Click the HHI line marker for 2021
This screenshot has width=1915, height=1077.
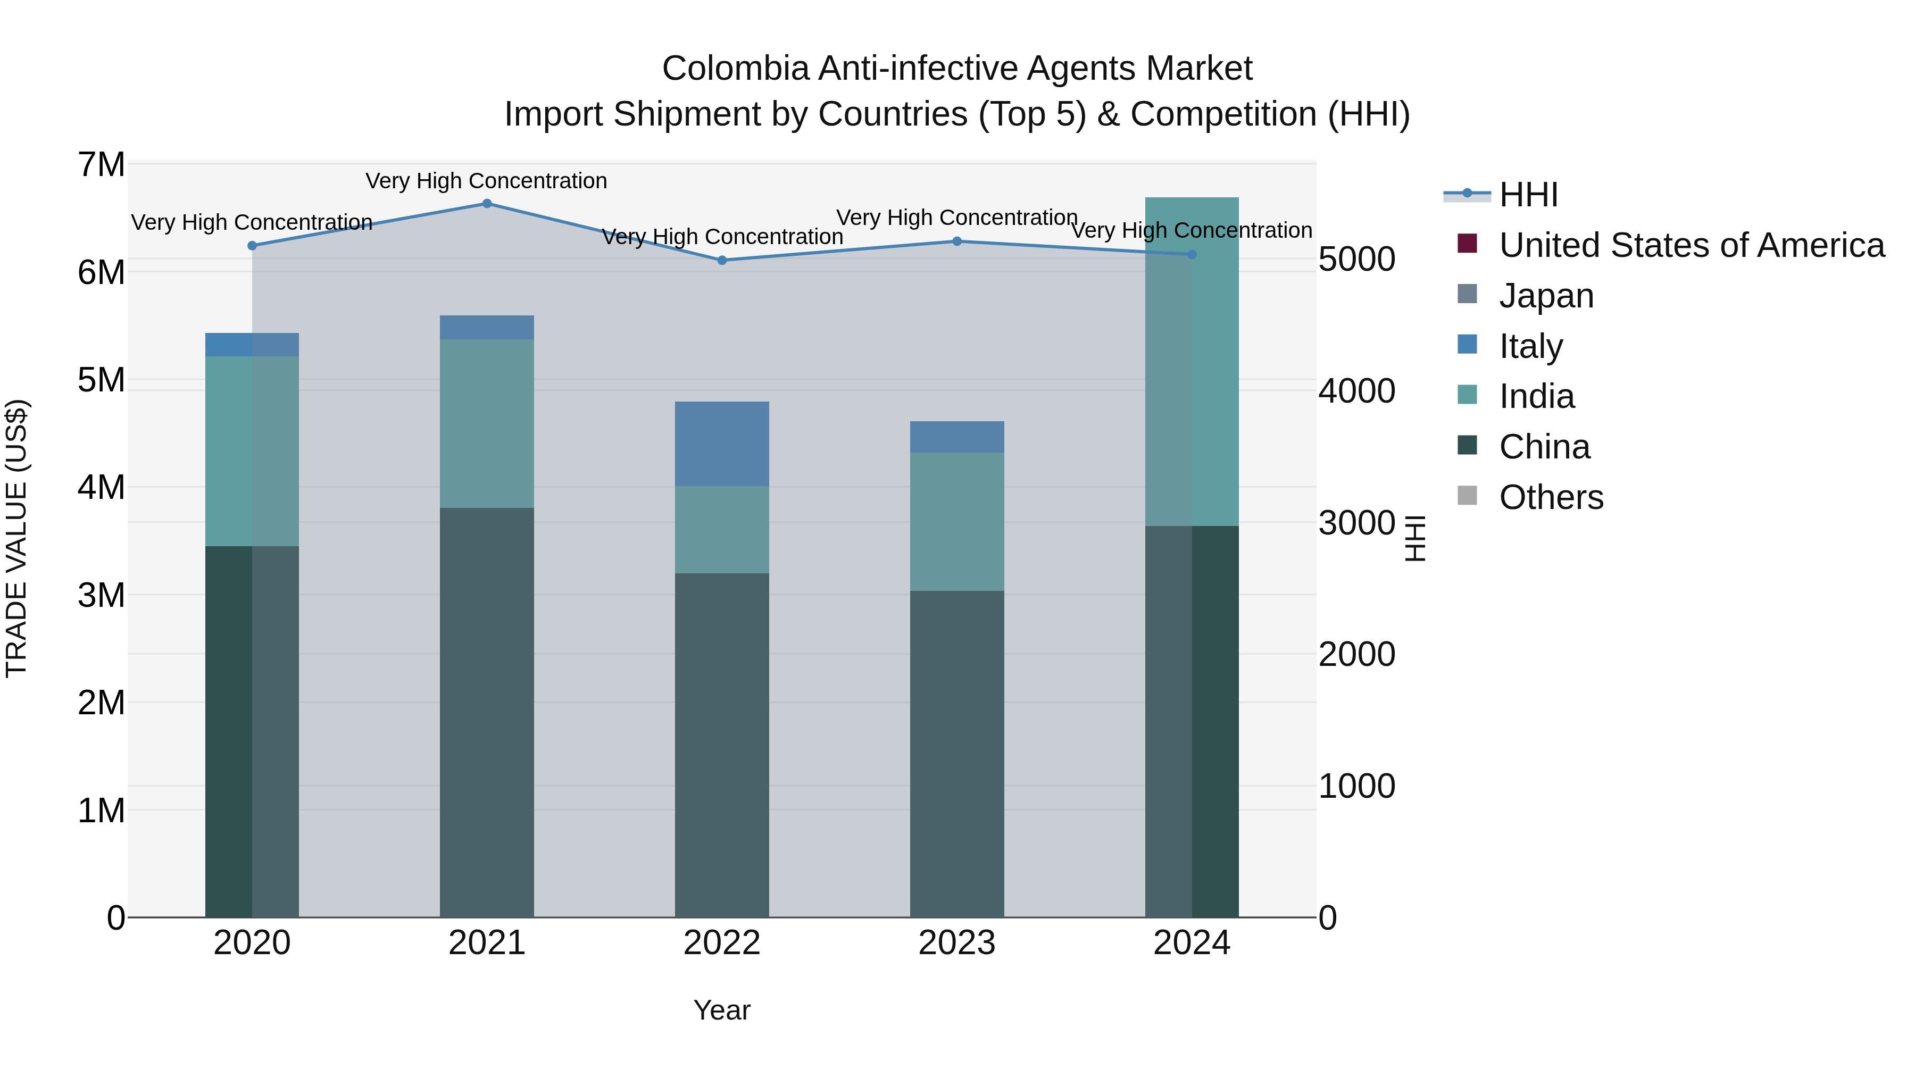point(487,204)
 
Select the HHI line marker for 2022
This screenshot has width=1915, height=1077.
point(722,260)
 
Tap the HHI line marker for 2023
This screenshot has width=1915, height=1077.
point(957,241)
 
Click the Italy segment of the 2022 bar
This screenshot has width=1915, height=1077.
point(722,444)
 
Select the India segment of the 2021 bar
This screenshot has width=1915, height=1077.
point(487,424)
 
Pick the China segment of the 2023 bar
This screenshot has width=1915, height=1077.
point(957,754)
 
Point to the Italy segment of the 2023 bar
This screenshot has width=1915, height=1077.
point(957,437)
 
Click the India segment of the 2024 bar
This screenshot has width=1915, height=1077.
point(1192,362)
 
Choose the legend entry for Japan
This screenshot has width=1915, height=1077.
point(1545,296)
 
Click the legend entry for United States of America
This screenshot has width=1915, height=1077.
point(1691,245)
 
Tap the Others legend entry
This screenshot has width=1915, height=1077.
point(1551,497)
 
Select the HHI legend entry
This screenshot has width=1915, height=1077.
point(1528,195)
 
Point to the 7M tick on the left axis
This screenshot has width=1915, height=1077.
point(101,164)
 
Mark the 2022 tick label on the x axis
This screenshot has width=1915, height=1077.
point(722,942)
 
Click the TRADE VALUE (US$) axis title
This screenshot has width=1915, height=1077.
point(16,538)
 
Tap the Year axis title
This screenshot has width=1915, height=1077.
point(722,1010)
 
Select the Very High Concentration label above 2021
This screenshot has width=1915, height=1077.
point(486,181)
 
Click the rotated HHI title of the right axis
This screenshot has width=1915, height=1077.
point(1416,538)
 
